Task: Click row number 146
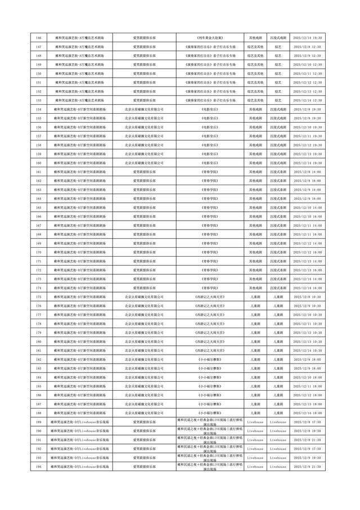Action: click(39, 38)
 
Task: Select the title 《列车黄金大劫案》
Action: click(210, 38)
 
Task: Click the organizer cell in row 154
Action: click(145, 109)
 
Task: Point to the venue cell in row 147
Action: click(80, 47)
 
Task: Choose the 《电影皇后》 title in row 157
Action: click(210, 136)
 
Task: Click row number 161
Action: click(39, 172)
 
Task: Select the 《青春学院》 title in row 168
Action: click(210, 234)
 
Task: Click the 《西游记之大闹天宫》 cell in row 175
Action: click(210, 297)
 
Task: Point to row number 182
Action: click(39, 359)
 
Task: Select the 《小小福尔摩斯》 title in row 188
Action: click(210, 413)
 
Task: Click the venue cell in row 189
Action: click(80, 422)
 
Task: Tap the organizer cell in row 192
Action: click(145, 449)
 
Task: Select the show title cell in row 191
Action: click(210, 440)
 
